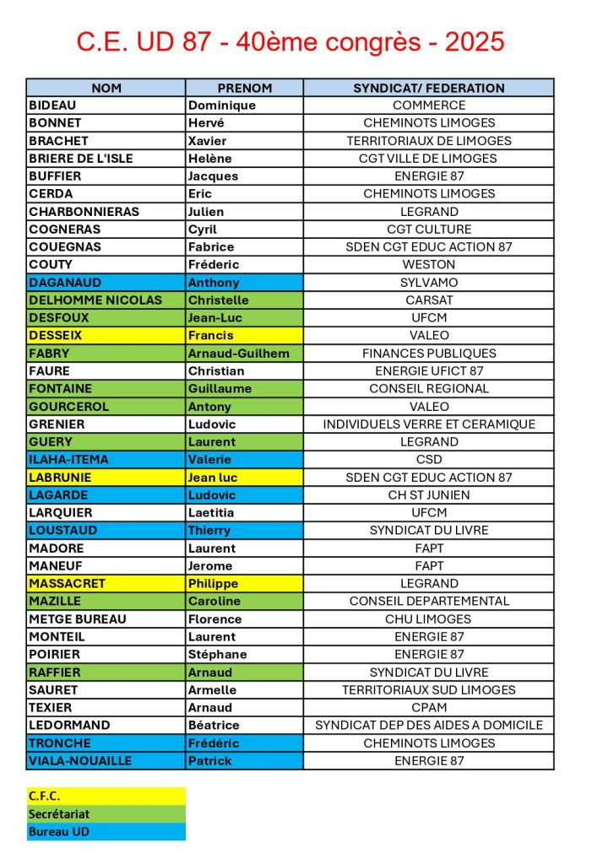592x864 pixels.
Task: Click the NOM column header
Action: [x=106, y=88]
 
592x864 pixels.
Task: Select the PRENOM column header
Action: [x=244, y=88]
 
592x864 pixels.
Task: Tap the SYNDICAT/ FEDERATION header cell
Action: [x=428, y=88]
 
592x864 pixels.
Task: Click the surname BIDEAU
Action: [x=52, y=105]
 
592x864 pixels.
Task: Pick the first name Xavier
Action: [x=208, y=141]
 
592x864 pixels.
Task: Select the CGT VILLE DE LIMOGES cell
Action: [x=428, y=159]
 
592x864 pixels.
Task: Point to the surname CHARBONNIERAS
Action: [x=84, y=212]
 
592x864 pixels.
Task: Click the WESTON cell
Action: [x=428, y=265]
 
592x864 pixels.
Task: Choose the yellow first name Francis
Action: [x=210, y=336]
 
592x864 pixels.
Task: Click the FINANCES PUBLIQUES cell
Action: [x=428, y=354]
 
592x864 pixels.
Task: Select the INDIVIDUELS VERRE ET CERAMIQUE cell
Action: [x=428, y=424]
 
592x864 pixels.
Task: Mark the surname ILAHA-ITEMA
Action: [x=68, y=460]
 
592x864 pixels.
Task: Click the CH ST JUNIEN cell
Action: [x=428, y=495]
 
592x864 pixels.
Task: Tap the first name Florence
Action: [x=215, y=619]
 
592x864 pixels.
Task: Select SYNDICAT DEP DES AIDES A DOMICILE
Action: [x=428, y=726]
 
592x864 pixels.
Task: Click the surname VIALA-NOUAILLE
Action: [x=80, y=761]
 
